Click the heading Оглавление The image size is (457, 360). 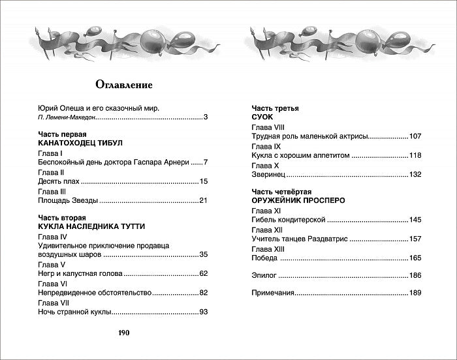[x=123, y=84]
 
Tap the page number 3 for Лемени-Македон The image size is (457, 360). [x=205, y=117]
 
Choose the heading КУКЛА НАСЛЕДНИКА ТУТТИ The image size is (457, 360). [x=91, y=226]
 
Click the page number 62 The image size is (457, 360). [x=202, y=273]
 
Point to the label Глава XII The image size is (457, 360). [x=268, y=230]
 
